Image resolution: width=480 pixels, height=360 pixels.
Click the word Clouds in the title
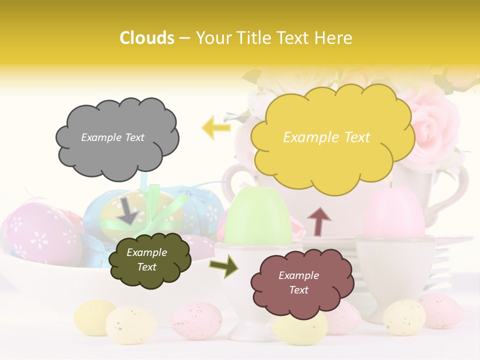[147, 38]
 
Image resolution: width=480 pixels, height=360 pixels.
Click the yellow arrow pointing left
[216, 127]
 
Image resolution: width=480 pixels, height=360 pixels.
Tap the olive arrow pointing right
[224, 266]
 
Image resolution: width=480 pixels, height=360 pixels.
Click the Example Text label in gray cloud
[112, 137]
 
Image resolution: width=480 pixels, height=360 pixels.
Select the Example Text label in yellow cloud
[326, 137]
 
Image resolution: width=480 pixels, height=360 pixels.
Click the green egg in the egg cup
[257, 218]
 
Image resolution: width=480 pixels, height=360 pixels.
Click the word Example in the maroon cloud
[298, 275]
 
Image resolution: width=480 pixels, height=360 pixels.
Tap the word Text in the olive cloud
[146, 267]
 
